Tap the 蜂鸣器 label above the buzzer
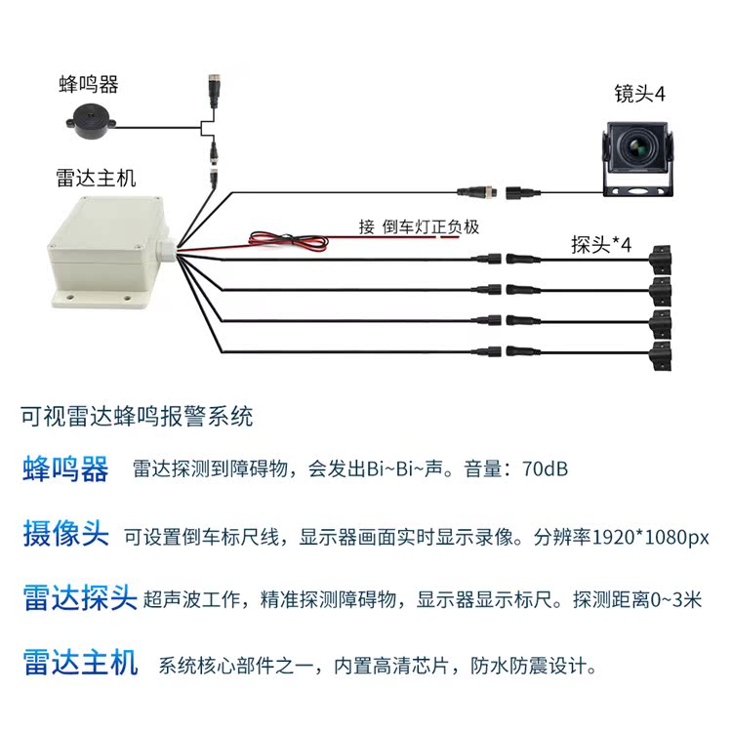coord(89,85)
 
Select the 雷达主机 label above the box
coord(96,179)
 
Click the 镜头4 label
coord(639,95)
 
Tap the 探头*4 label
coord(601,244)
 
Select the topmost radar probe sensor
coord(663,258)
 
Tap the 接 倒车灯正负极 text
coord(420,226)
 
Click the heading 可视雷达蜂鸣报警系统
coord(137,417)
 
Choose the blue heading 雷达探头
coord(79,598)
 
